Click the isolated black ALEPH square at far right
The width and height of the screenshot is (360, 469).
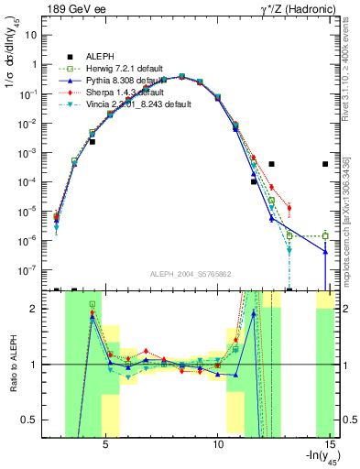coord(325,164)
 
